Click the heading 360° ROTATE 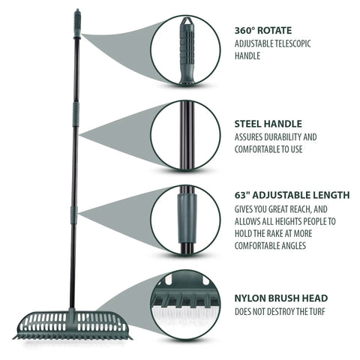pyautogui.click(x=263, y=31)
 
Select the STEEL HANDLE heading pyautogui.click(x=268, y=124)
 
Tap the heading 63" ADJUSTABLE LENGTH pyautogui.click(x=292, y=195)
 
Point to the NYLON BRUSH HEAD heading pyautogui.click(x=281, y=298)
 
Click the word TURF pyautogui.click(x=316, y=312)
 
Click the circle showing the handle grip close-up pyautogui.click(x=186, y=49)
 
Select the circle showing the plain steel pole pyautogui.click(x=186, y=135)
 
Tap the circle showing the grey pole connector pyautogui.click(x=186, y=220)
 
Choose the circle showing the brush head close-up pyautogui.click(x=186, y=305)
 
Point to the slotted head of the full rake pyautogui.click(x=73, y=325)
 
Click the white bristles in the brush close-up pyautogui.click(x=185, y=316)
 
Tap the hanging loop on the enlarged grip pyautogui.click(x=186, y=21)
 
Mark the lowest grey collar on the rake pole pyautogui.click(x=73, y=215)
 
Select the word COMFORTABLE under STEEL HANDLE pyautogui.click(x=257, y=149)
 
